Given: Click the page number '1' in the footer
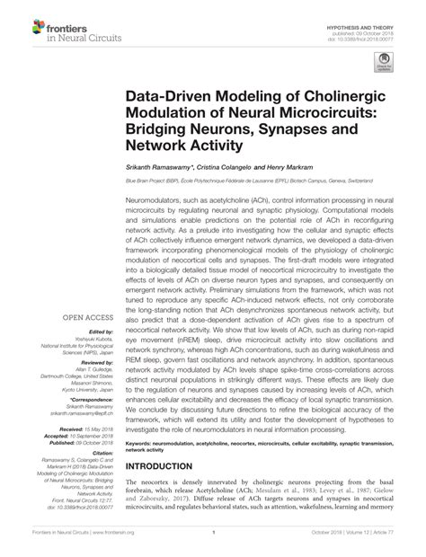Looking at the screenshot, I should (213, 544).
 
